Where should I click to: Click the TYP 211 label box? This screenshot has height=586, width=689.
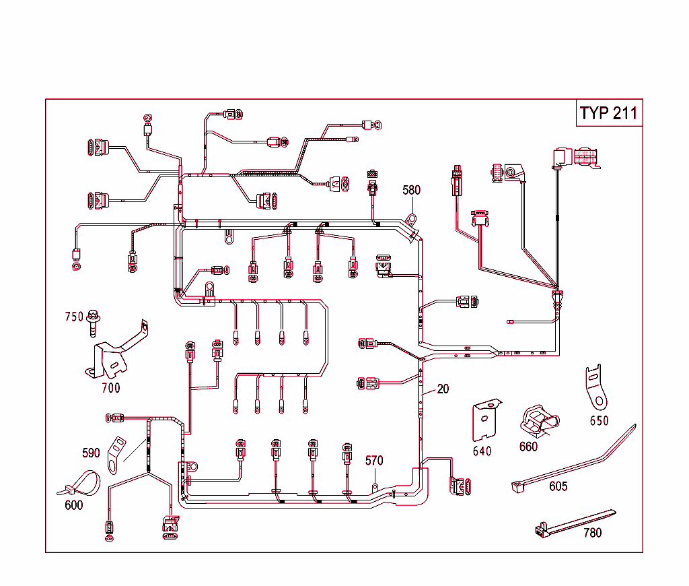click(x=609, y=113)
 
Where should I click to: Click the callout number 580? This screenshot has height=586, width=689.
click(x=412, y=190)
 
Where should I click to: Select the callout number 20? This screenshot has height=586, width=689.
click(x=443, y=389)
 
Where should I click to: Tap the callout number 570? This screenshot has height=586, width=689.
click(x=374, y=461)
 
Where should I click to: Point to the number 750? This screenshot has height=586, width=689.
click(x=74, y=317)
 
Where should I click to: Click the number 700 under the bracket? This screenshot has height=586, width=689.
click(x=111, y=387)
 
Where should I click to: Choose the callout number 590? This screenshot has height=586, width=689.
click(x=91, y=452)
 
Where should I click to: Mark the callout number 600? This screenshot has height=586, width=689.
click(x=74, y=504)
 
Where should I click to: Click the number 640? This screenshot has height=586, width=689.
click(x=482, y=451)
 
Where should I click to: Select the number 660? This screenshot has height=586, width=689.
click(x=529, y=446)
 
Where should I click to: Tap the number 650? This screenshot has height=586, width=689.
click(x=599, y=421)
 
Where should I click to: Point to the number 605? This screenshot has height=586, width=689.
click(x=558, y=486)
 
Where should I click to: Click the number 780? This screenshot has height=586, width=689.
click(x=592, y=533)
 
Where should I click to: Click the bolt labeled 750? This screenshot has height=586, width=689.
click(x=94, y=323)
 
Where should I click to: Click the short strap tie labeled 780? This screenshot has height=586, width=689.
click(x=572, y=524)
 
